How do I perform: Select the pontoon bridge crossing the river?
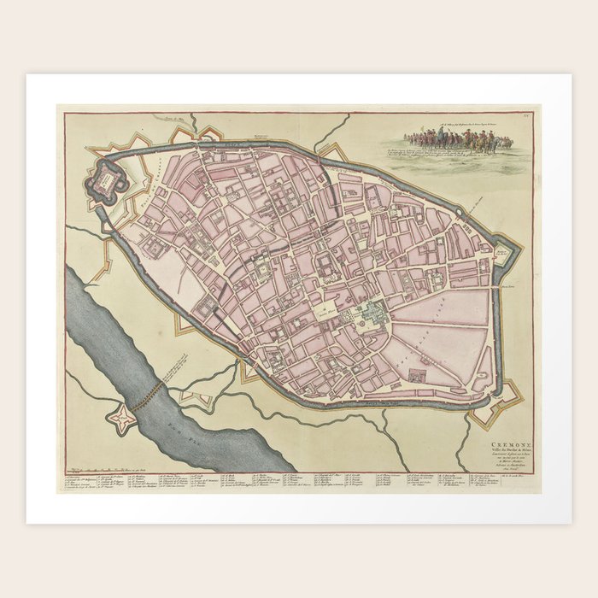(152, 391)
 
